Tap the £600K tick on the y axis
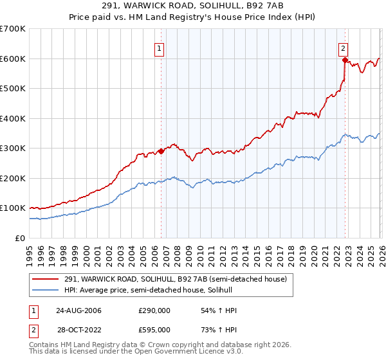pos(12,59)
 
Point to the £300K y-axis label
pos(12,148)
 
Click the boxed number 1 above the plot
pos(158,48)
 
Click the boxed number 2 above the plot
pos(344,48)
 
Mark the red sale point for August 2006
pos(161,151)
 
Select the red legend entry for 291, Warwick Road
pos(173,278)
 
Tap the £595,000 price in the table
pos(154,330)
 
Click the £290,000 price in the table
pos(154,310)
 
